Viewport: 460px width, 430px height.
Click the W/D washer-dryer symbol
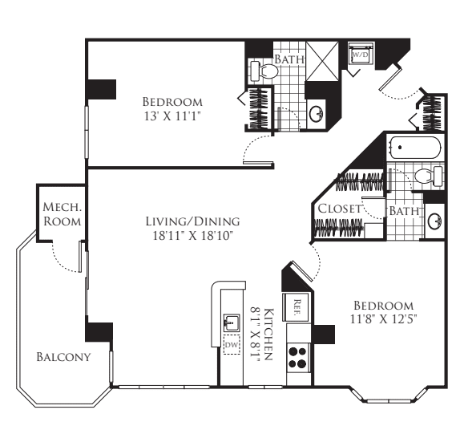tap(358, 56)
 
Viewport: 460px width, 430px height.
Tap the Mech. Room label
tap(61, 213)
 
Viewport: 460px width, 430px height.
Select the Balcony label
tap(63, 356)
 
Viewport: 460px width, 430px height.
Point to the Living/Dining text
tap(192, 221)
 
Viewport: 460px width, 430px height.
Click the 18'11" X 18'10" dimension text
tap(192, 236)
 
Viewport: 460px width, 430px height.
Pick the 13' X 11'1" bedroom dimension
tap(171, 117)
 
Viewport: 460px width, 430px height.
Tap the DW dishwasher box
tap(232, 346)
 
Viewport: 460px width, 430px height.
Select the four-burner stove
tap(297, 356)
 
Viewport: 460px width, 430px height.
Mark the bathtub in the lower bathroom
tap(414, 149)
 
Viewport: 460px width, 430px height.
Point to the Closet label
tap(338, 209)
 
